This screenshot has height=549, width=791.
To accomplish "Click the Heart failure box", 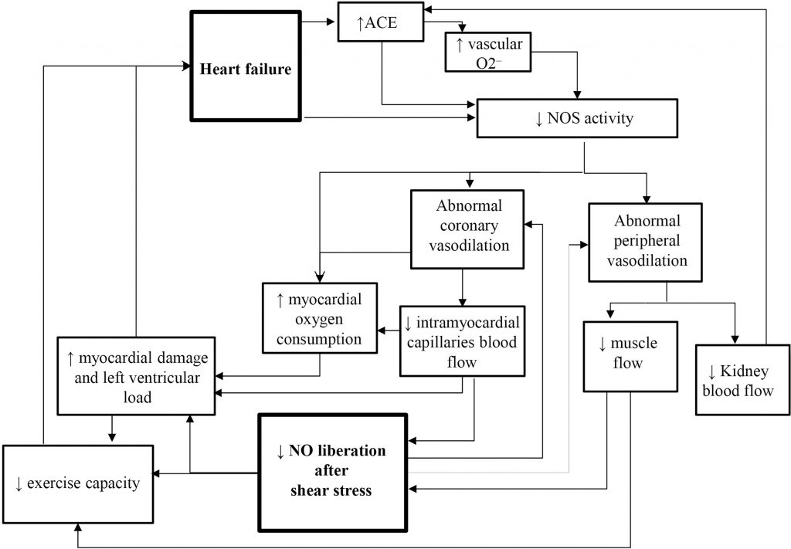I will (246, 69).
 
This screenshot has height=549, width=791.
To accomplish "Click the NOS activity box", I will (578, 119).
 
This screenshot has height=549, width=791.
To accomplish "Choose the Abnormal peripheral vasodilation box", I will (645, 241).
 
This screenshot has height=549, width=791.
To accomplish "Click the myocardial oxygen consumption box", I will (320, 318).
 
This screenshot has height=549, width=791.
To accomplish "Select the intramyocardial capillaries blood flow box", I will (462, 342).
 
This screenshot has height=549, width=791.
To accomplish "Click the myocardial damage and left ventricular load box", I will (136, 378).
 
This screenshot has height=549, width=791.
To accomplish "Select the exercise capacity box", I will (77, 484).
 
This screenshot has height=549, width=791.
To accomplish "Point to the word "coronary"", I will (462, 226).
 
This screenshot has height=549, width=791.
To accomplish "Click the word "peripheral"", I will (645, 241).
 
